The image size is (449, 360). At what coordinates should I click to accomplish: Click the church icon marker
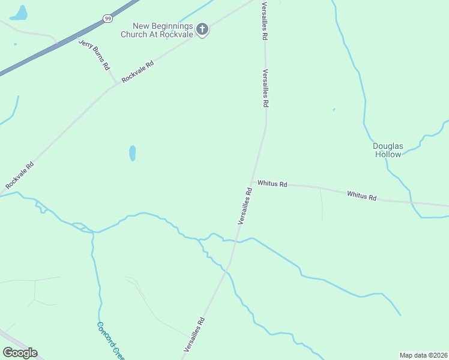pos(202,29)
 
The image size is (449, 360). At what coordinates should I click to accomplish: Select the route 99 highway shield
pos(107,19)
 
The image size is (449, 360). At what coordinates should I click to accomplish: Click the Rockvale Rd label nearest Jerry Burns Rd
pos(137,71)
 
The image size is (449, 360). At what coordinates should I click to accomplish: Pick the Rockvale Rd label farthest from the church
pos(20,176)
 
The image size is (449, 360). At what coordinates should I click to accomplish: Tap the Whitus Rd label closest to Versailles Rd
pos(273,184)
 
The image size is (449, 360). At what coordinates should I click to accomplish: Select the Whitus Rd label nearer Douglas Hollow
pos(361,196)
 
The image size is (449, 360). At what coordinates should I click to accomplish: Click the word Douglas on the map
pos(387,145)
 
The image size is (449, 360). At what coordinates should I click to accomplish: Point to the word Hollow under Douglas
pos(388,154)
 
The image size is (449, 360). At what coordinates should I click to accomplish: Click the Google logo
pos(20,353)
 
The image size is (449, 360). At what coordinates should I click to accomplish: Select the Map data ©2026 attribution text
pos(423,355)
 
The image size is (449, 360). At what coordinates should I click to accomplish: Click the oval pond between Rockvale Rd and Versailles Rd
pos(132,153)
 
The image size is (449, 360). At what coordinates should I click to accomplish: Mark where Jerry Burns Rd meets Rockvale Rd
pos(116,85)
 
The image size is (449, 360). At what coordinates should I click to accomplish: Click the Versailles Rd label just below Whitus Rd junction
pos(244,206)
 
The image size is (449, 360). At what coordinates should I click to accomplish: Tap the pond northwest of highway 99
pos(20,13)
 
